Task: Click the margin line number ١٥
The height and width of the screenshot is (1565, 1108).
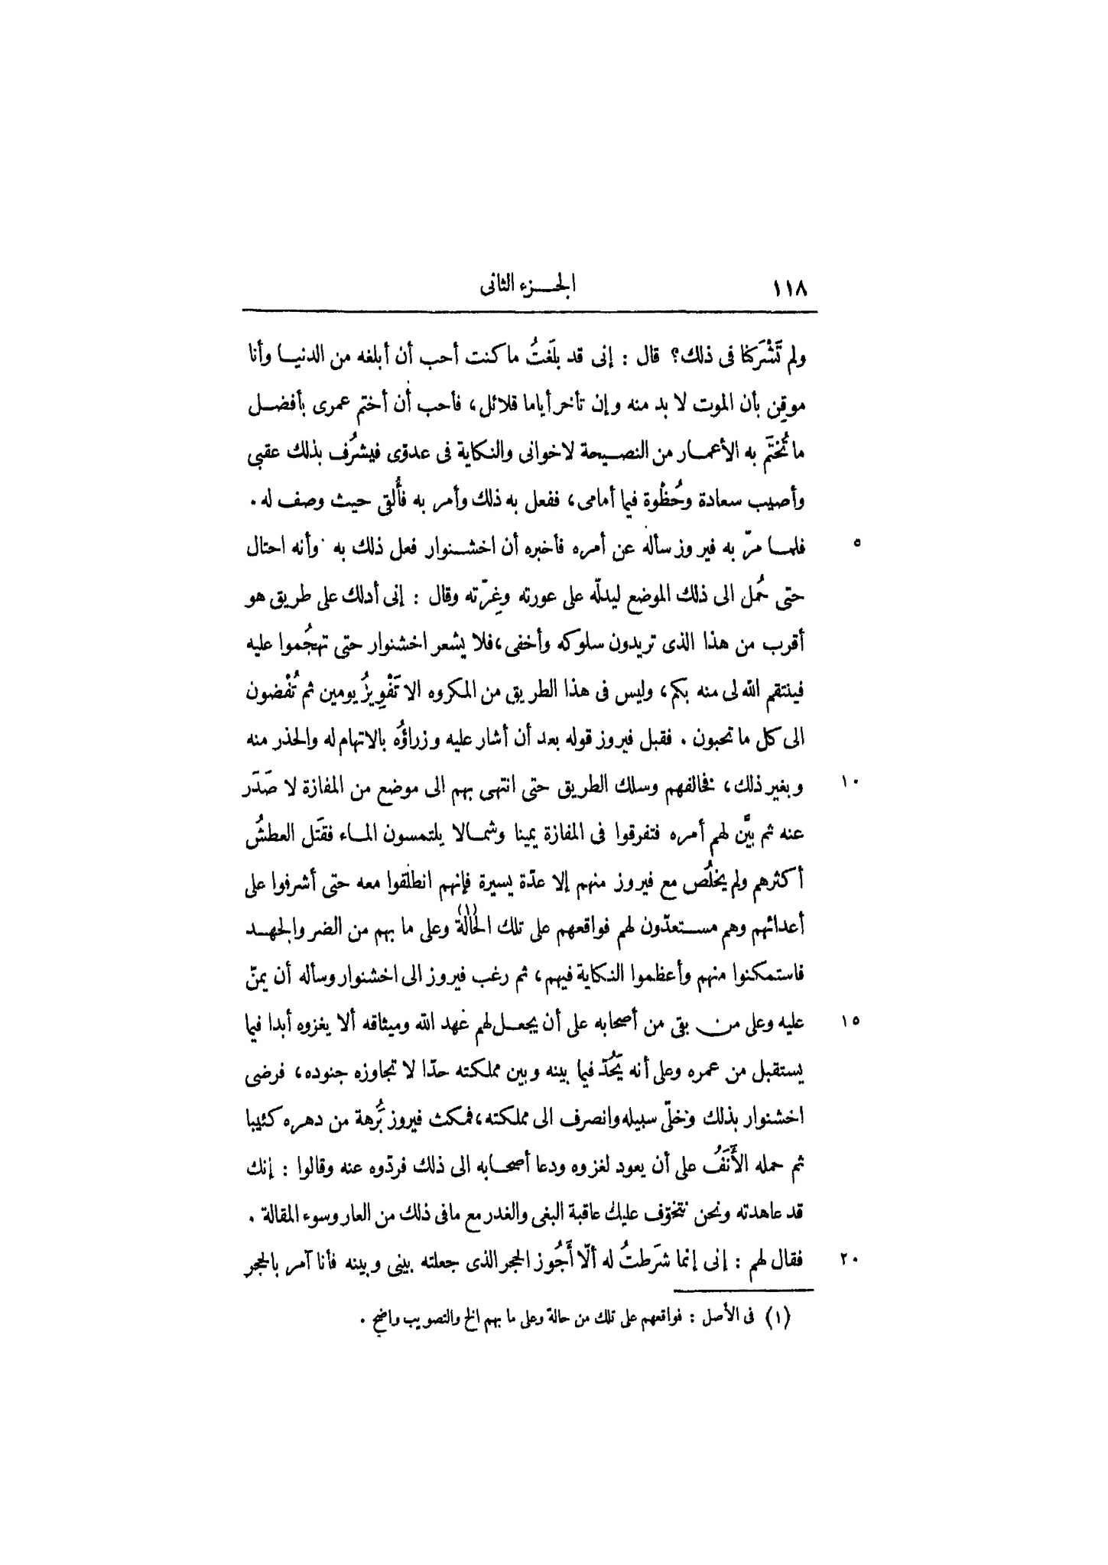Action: point(852,1021)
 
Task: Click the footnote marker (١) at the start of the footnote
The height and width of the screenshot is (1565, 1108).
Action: point(795,1318)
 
